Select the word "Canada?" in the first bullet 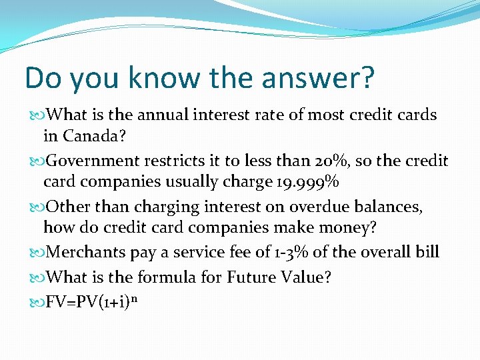[x=94, y=135]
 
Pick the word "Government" [x=92, y=161]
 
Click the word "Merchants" [x=85, y=252]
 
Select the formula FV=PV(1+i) [x=87, y=302]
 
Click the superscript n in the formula [x=134, y=298]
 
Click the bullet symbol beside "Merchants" [x=37, y=253]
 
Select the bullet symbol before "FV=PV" [x=37, y=303]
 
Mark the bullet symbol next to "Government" [x=37, y=161]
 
